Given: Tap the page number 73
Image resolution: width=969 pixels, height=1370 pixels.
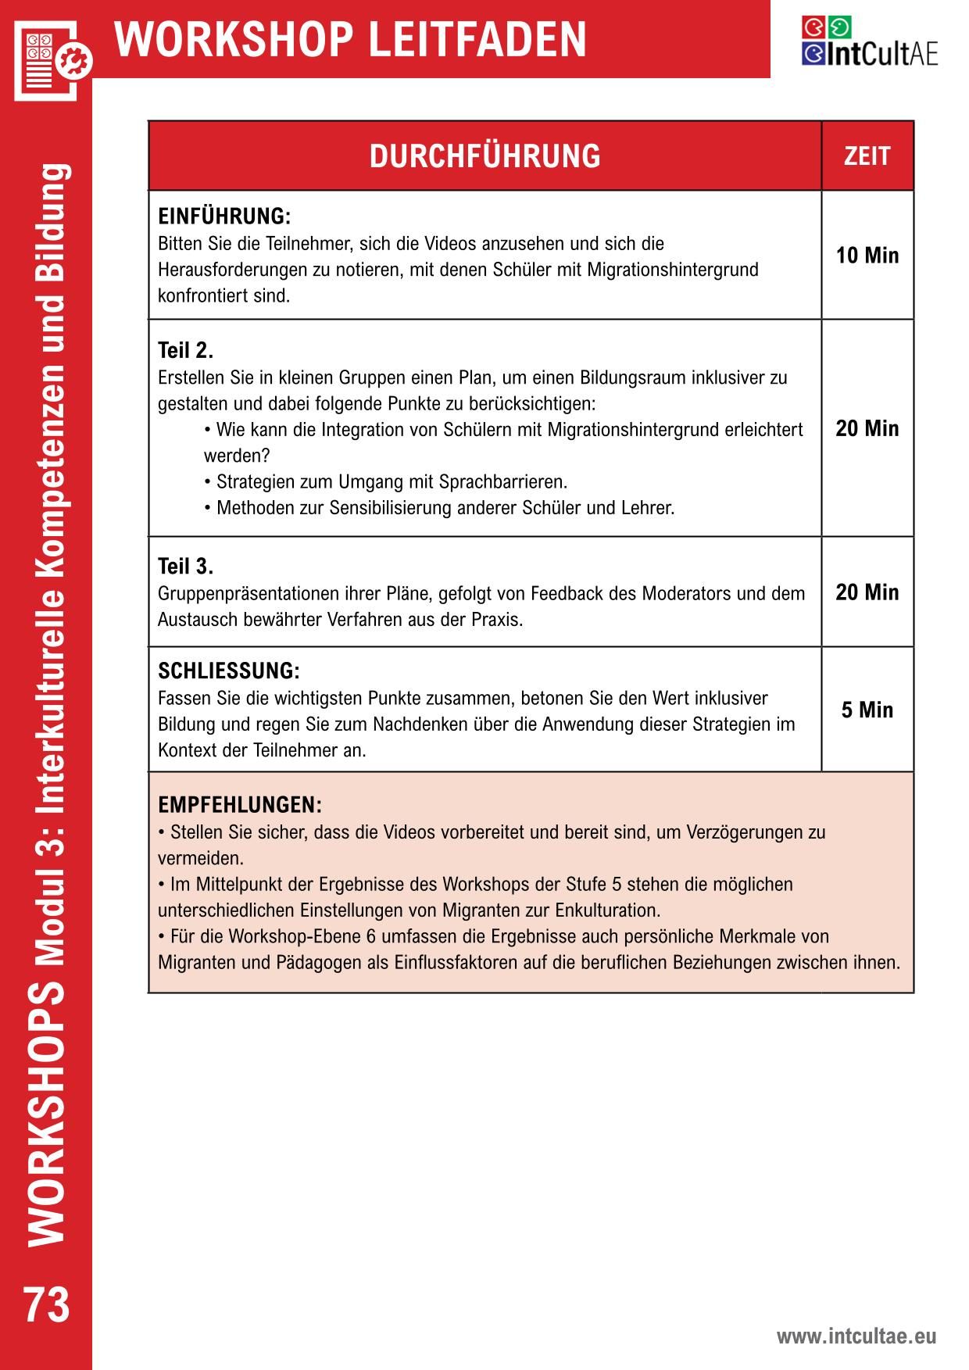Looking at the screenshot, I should [47, 1304].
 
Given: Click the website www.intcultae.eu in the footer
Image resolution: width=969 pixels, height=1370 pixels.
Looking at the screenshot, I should [856, 1336].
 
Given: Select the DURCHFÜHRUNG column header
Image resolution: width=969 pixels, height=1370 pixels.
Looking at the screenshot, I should [484, 156].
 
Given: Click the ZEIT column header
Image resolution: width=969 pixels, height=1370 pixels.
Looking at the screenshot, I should [867, 156].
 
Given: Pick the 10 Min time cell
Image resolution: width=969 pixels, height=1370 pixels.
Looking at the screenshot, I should [867, 256].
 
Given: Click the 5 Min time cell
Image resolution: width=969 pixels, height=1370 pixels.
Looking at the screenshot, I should [867, 710].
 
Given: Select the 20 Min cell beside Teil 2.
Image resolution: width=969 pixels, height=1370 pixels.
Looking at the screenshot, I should [867, 428].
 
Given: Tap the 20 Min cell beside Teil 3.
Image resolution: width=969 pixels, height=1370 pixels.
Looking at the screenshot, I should [867, 592].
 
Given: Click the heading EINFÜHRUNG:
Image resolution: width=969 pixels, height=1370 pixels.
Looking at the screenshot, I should [224, 216].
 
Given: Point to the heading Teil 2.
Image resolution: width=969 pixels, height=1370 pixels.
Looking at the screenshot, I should [185, 349].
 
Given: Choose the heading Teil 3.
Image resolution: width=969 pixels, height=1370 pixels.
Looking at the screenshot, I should [185, 566].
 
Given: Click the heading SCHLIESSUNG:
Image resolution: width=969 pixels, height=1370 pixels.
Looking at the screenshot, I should [229, 671].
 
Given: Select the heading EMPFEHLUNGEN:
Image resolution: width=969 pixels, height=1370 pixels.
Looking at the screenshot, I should [240, 805].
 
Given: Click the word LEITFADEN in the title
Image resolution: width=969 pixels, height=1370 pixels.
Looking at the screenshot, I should [477, 39].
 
